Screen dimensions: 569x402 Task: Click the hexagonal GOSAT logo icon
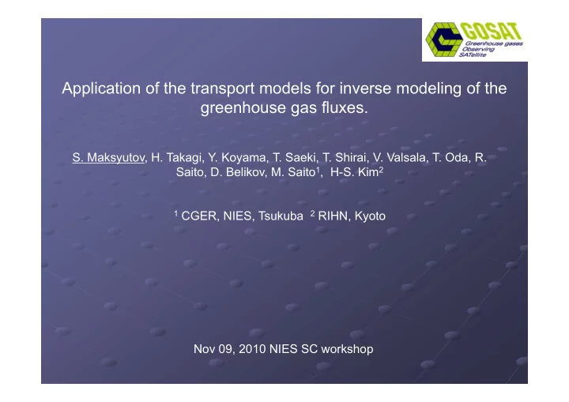coord(444,39)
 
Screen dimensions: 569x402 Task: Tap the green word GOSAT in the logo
coord(492,32)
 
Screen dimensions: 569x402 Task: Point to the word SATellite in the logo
coord(472,54)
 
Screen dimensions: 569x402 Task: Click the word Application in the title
coord(101,89)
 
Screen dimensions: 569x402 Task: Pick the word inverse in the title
coord(365,88)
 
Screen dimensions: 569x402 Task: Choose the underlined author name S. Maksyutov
coord(108,158)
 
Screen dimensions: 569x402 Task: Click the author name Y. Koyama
coord(237,158)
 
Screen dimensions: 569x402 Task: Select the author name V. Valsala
coord(399,158)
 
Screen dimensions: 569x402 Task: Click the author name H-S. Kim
coord(355,172)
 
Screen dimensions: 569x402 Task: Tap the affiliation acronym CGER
coord(199,216)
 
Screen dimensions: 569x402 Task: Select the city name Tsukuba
coord(281,216)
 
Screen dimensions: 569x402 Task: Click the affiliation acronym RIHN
coord(333,216)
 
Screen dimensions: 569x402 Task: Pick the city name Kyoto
coord(370,216)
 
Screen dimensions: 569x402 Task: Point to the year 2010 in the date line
coord(252,349)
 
